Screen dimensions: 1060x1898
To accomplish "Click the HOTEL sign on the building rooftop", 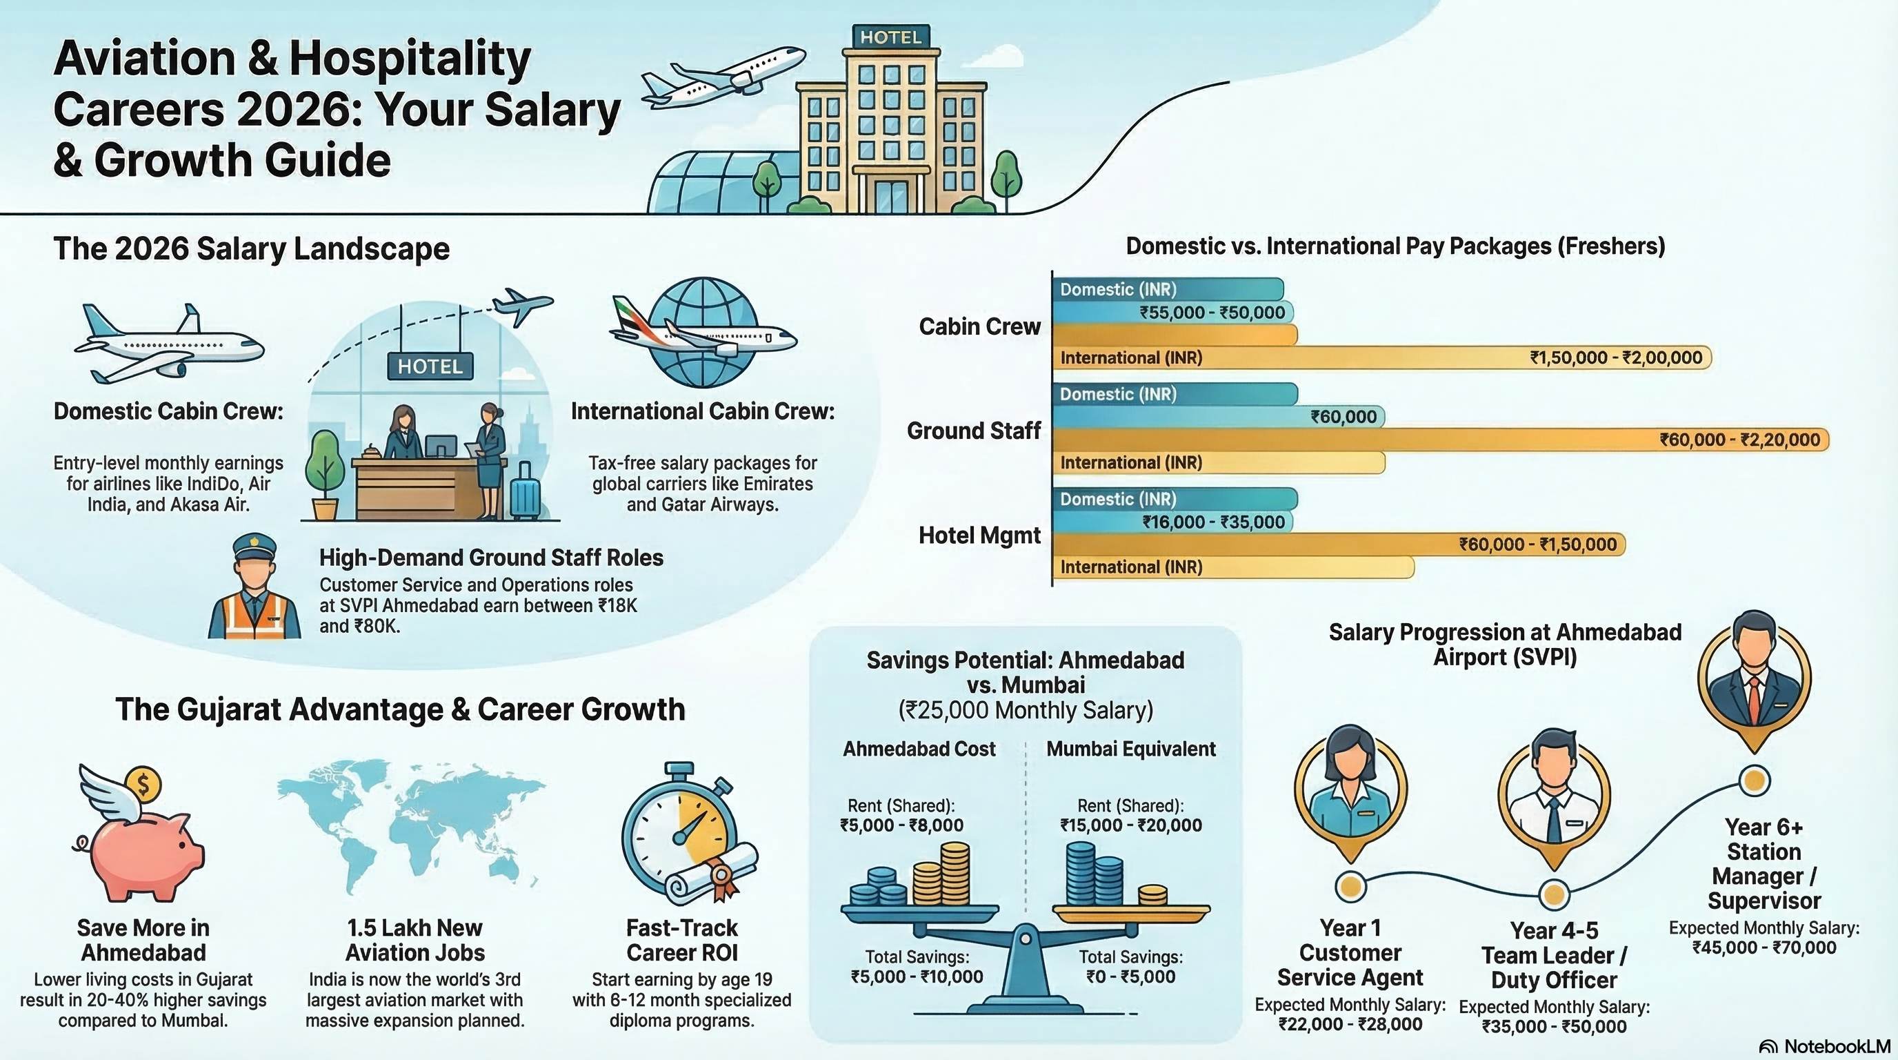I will (890, 37).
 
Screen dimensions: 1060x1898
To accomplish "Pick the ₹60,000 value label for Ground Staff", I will (1343, 417).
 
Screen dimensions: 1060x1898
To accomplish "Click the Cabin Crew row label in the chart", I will (979, 326).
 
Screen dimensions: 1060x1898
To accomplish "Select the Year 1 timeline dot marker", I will (1350, 886).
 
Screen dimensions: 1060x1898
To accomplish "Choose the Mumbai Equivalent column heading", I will (1131, 749).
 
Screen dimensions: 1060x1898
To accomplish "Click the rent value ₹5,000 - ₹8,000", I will (901, 825).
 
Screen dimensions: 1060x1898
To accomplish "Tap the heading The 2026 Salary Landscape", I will (251, 248).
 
